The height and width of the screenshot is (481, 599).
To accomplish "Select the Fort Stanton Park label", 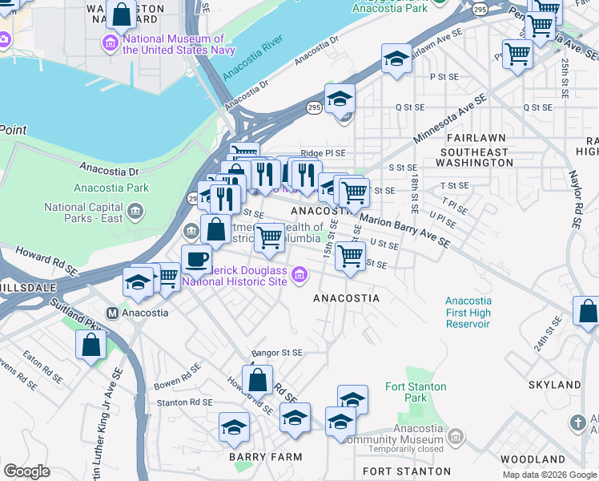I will [405, 392].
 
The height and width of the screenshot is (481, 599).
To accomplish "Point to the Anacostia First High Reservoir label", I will [468, 313].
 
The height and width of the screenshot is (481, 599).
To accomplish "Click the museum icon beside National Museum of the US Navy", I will [111, 42].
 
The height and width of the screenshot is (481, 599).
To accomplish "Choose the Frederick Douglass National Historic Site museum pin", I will [299, 276].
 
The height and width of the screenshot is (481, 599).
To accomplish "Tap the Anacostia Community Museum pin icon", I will [456, 437].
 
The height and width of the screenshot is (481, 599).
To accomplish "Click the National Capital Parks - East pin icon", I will [135, 212].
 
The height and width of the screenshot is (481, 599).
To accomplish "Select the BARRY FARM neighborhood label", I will [265, 457].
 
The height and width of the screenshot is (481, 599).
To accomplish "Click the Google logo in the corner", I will [26, 471].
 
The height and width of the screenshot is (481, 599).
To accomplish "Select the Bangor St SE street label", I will [276, 353].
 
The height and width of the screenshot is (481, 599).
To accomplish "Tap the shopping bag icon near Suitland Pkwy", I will [91, 345].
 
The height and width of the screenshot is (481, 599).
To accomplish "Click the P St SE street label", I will [442, 77].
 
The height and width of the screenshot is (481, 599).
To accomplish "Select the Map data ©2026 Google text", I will [549, 475].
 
